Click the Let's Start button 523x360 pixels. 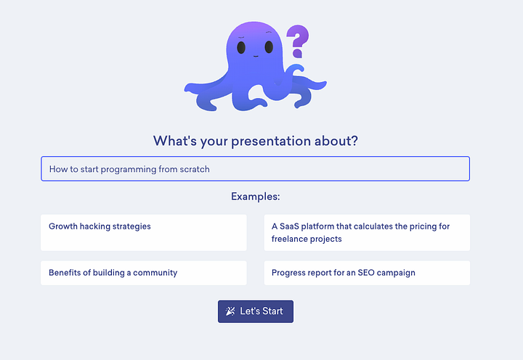coord(256,311)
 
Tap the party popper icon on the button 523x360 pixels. coord(230,311)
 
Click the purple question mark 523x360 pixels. coord(298,41)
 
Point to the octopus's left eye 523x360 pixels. coord(241,47)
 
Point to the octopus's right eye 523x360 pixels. coord(269,47)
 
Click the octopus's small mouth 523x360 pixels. coord(256,57)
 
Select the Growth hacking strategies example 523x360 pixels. coord(144,233)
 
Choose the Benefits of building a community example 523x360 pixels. coord(144,273)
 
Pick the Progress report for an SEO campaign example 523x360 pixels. coord(367,273)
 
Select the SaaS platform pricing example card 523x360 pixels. coord(367,233)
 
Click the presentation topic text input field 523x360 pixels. coord(256,168)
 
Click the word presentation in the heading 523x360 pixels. coord(271,142)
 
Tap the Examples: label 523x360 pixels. coord(256,197)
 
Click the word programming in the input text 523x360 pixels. coord(129,170)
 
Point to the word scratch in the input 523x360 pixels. coord(195,169)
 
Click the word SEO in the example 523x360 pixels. coord(366,273)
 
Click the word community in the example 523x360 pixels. coord(155,273)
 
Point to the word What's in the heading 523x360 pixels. coord(175,141)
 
